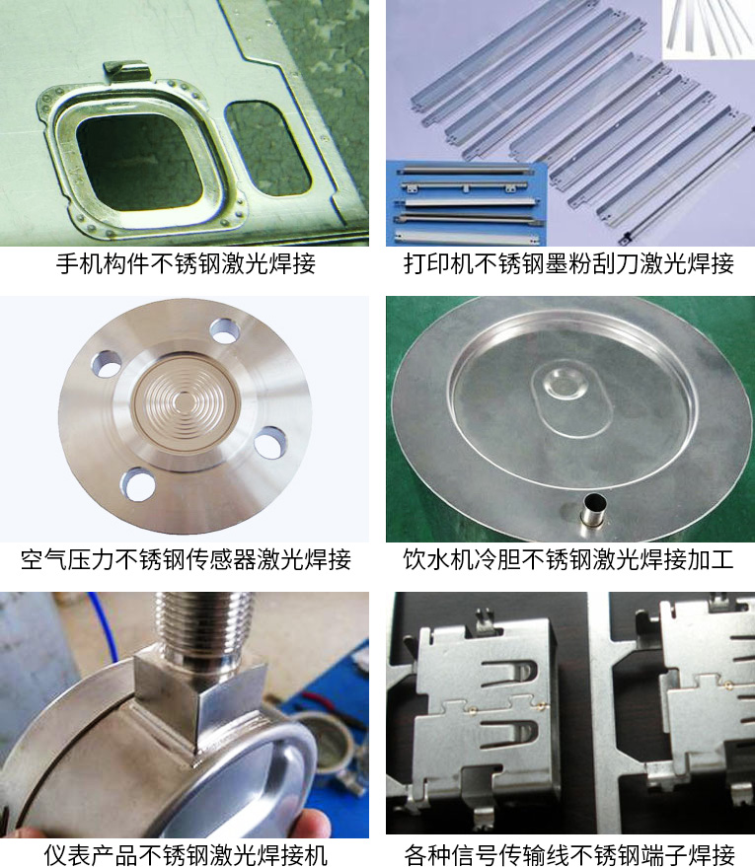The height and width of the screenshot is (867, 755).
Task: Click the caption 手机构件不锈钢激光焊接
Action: (186, 263)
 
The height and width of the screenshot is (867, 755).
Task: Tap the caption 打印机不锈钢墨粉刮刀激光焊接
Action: (569, 263)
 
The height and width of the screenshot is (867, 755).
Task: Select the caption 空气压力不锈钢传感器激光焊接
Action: (186, 559)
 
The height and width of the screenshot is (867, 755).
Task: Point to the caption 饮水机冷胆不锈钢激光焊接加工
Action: (569, 559)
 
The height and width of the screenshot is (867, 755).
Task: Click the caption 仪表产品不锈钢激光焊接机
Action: (186, 855)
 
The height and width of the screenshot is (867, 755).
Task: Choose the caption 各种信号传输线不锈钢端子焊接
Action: (569, 855)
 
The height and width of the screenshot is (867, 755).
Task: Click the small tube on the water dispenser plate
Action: (593, 509)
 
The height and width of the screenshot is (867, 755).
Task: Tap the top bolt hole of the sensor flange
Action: (225, 331)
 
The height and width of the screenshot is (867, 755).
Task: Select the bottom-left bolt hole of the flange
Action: (137, 485)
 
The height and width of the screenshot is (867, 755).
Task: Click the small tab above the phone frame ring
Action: (126, 71)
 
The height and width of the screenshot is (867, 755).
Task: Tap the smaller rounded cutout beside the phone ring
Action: (267, 148)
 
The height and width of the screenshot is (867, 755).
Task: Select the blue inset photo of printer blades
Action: (466, 203)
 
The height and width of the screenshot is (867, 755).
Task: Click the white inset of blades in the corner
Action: (709, 30)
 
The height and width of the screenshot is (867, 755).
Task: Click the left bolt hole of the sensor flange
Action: (107, 364)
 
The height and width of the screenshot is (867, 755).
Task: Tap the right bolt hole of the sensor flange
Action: (269, 442)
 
